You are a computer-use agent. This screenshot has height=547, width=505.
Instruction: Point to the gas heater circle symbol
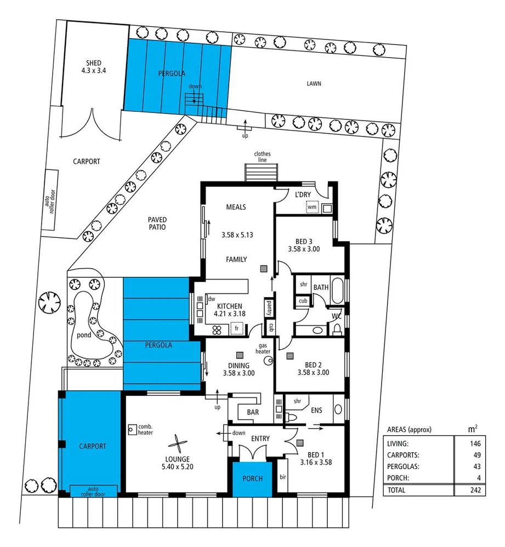[x=269, y=361]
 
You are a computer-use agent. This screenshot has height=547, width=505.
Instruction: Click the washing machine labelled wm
[x=312, y=208]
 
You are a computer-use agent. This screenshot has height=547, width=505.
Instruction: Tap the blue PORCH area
[x=252, y=478]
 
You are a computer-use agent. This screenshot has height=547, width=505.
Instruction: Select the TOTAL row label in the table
[x=396, y=490]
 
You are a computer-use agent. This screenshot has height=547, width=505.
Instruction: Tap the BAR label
[x=253, y=412]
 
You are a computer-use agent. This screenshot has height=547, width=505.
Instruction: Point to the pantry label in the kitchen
[x=269, y=307]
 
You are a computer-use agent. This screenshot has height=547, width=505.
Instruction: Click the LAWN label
[x=314, y=84]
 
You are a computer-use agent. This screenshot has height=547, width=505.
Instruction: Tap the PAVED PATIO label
[x=156, y=223]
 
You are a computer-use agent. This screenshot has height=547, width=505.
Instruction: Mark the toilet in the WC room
[x=337, y=328]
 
